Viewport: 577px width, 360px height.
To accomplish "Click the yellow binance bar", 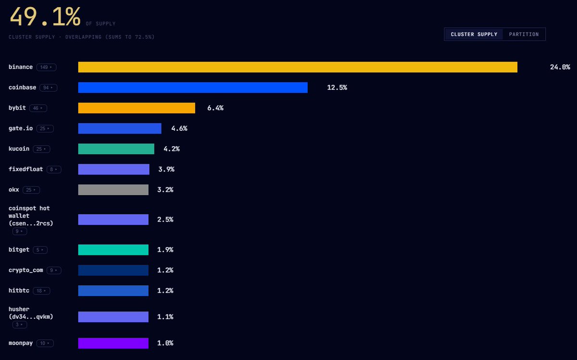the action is coord(298,67).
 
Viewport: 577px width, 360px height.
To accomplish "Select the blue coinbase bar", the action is coord(193,87).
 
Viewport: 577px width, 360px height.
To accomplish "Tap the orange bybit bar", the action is coord(137,108).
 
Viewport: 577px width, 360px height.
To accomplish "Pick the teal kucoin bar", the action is coord(116,149).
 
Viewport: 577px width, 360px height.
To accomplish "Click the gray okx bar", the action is coord(113,190).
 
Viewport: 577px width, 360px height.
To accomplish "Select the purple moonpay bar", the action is coord(113,343).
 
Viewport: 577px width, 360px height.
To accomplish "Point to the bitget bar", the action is coord(113,250).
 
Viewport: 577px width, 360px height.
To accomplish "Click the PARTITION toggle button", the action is coord(524,34).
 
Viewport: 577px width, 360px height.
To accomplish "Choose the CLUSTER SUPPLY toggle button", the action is coord(474,34).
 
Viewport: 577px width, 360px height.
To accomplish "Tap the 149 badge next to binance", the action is coord(46,67).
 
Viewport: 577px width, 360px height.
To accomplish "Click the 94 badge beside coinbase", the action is coord(49,87).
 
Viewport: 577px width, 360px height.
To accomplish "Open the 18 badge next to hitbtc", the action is coord(41,291).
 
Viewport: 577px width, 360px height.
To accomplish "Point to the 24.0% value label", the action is coord(560,67).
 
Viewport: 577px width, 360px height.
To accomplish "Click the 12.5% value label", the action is coord(337,87).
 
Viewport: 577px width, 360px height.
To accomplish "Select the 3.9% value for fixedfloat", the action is coord(166,169).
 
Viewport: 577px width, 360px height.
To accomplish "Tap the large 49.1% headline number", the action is coord(45,17).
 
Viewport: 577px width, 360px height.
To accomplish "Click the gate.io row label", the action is coord(21,128).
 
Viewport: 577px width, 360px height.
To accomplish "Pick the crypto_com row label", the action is coord(26,270).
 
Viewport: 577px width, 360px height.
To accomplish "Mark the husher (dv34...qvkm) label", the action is coord(31,313).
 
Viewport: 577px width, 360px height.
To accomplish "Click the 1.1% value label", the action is coord(165,317).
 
